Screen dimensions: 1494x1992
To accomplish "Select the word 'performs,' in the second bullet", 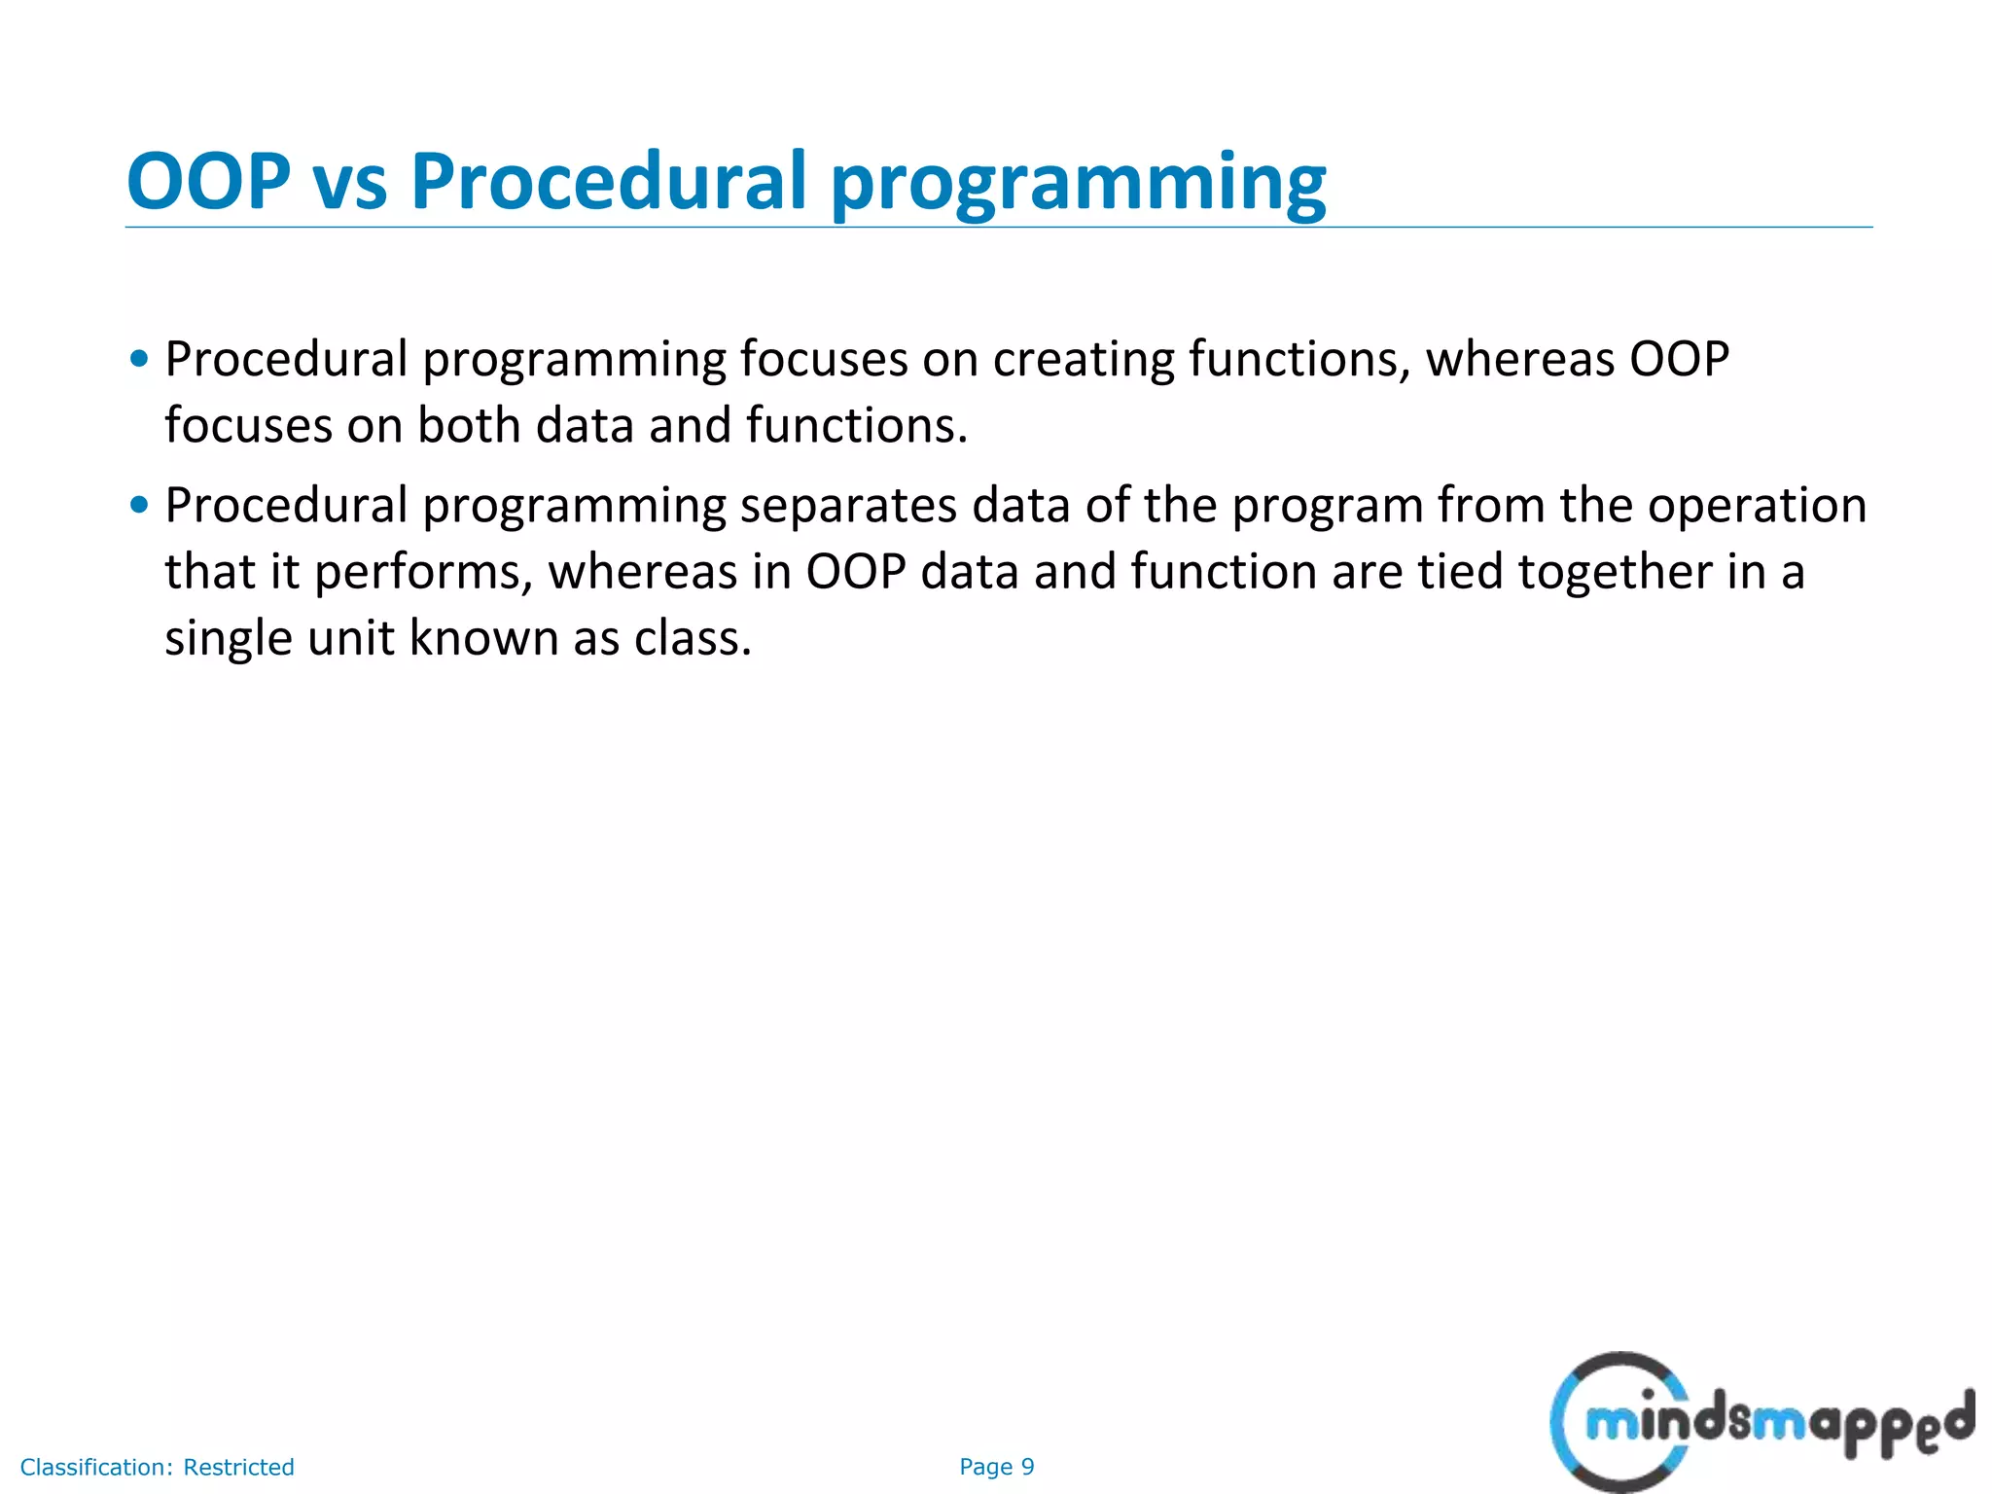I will [424, 573].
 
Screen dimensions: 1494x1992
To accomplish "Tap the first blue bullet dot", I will [140, 359].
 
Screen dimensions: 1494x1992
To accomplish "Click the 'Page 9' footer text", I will [996, 1467].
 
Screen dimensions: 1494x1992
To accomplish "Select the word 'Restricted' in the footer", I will [238, 1467].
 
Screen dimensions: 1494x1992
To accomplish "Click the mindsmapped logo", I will [1761, 1422].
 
